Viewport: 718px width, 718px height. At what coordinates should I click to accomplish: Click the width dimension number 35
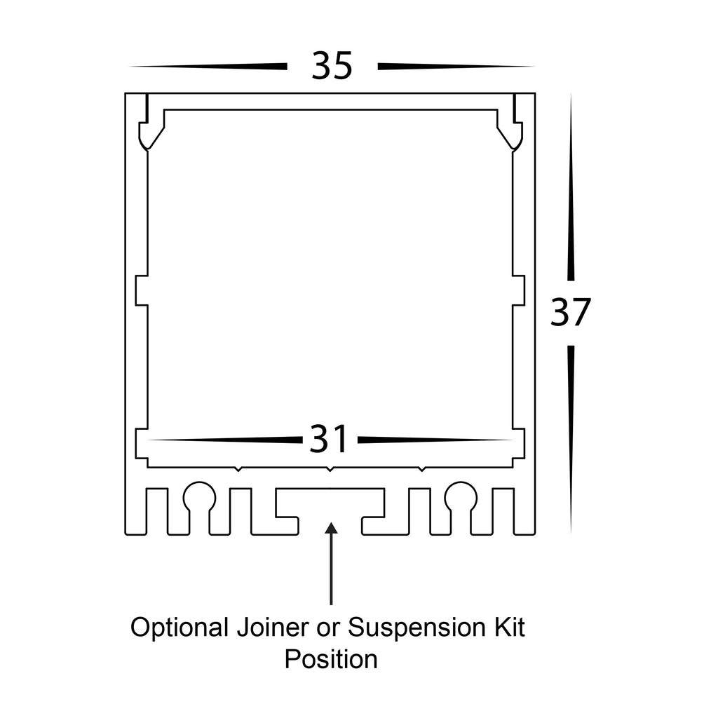[x=332, y=67]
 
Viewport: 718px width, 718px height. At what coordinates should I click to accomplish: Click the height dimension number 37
[x=571, y=313]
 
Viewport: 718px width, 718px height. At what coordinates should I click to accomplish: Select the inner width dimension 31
[x=329, y=440]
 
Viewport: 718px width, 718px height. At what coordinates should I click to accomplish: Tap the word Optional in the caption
[x=177, y=628]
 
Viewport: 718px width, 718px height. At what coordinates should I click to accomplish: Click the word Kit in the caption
[x=508, y=628]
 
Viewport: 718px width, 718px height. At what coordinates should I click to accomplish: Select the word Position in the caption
[x=330, y=660]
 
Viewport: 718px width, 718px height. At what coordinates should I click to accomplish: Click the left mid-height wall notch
[x=141, y=290]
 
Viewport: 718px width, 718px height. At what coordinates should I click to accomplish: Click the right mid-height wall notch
[x=519, y=290]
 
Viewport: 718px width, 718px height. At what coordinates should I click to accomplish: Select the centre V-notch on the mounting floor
[x=330, y=468]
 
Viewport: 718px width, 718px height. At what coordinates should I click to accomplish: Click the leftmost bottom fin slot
[x=157, y=510]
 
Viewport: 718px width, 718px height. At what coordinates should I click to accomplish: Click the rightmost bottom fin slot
[x=503, y=510]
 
